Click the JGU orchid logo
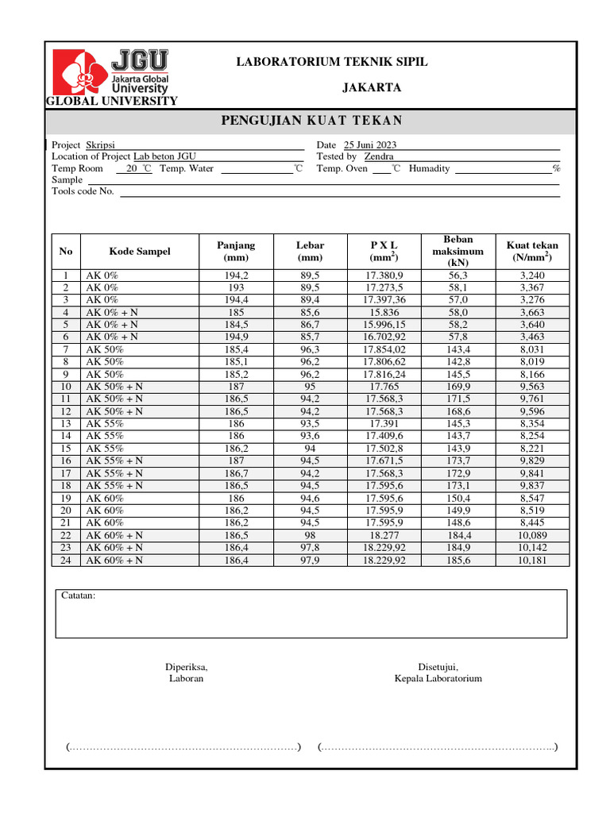[79, 72]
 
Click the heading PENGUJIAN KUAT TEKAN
[311, 121]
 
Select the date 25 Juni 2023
[370, 144]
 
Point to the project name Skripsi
[100, 144]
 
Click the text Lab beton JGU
[164, 156]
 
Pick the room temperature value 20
[132, 168]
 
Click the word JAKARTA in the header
[371, 87]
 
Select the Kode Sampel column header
[140, 252]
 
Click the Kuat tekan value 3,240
[531, 275]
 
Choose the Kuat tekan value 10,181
[531, 560]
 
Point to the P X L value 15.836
[384, 313]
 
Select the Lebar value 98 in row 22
[310, 535]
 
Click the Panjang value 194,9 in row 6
[236, 337]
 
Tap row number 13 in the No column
[66, 424]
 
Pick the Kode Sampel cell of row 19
[105, 498]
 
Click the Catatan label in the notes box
[78, 595]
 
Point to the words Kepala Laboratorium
[438, 679]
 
